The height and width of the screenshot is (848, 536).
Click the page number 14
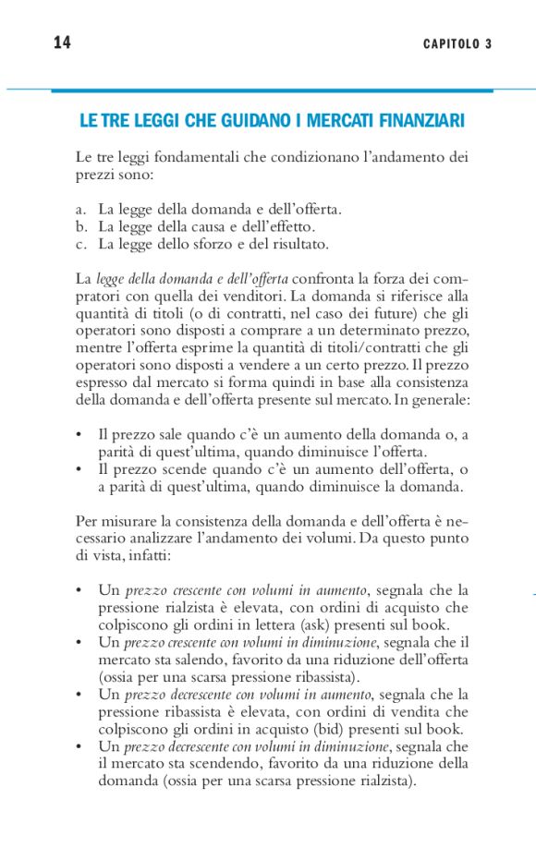pos(63,43)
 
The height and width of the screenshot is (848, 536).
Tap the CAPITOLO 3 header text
pos(457,44)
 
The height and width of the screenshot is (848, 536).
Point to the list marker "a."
pos(80,210)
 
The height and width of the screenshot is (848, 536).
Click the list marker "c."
pos(80,245)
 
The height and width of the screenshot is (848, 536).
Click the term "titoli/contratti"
pos(386,349)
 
